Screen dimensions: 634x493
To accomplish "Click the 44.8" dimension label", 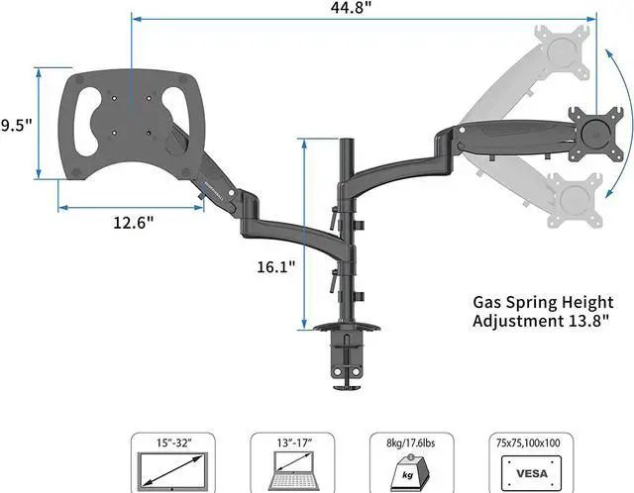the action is click(x=350, y=8).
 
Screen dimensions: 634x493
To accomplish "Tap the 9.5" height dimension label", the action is click(x=16, y=126).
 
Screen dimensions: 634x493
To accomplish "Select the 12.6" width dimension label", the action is click(x=134, y=223).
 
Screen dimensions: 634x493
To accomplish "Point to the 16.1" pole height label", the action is click(x=276, y=266).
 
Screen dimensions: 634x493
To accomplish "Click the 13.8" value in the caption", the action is click(x=589, y=321).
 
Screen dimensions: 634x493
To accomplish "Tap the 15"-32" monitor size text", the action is click(x=174, y=444).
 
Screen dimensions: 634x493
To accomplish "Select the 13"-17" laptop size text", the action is click(x=294, y=444).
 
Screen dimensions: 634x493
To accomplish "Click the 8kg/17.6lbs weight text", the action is click(x=411, y=444).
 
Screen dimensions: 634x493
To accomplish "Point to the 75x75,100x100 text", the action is click(x=528, y=444).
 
